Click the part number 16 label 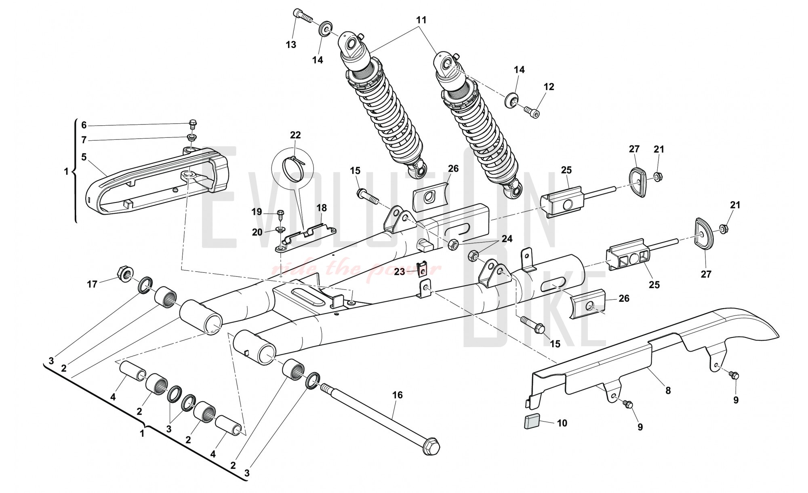[x=398, y=395]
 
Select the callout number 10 [x=562, y=423]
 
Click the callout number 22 [x=295, y=135]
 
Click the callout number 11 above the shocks [x=421, y=20]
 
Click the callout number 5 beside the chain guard [x=84, y=157]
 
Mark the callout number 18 [x=322, y=208]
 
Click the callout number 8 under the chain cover [x=668, y=390]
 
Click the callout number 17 [x=92, y=284]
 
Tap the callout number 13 [x=291, y=44]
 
